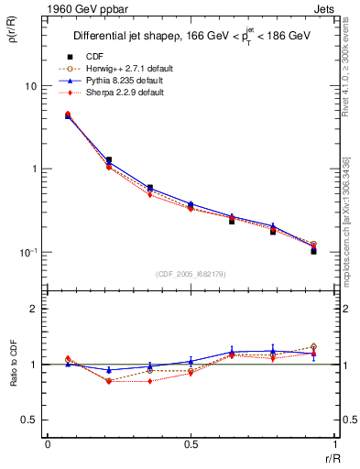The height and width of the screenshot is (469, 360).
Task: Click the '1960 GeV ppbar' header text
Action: coord(81,8)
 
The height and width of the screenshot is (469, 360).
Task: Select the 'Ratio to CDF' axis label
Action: coord(18,365)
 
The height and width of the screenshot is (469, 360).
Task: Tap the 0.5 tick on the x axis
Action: coord(190,444)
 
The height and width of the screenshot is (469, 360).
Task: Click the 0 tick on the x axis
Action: coord(48,444)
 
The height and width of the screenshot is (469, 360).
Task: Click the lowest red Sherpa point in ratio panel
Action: coord(149,381)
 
